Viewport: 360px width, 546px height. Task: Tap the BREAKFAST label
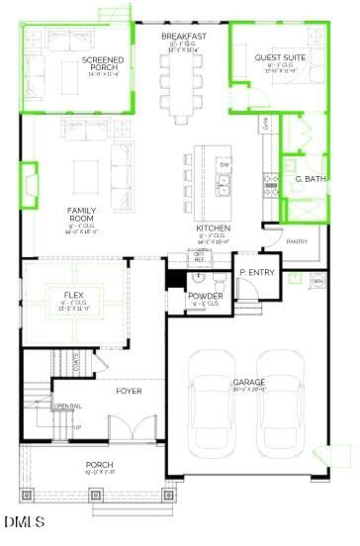click(183, 36)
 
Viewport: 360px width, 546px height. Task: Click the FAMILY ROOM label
click(81, 215)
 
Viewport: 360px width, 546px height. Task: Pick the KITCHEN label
click(213, 227)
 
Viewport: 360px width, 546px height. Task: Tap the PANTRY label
click(297, 241)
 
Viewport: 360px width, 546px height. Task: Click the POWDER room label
click(205, 296)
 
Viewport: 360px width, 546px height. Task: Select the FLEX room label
click(73, 295)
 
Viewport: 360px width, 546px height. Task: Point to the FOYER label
click(129, 391)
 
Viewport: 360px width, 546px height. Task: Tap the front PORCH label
click(99, 465)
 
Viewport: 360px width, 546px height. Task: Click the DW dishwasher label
click(225, 164)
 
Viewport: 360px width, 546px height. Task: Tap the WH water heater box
click(317, 281)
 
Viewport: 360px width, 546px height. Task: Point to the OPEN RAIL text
click(67, 407)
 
